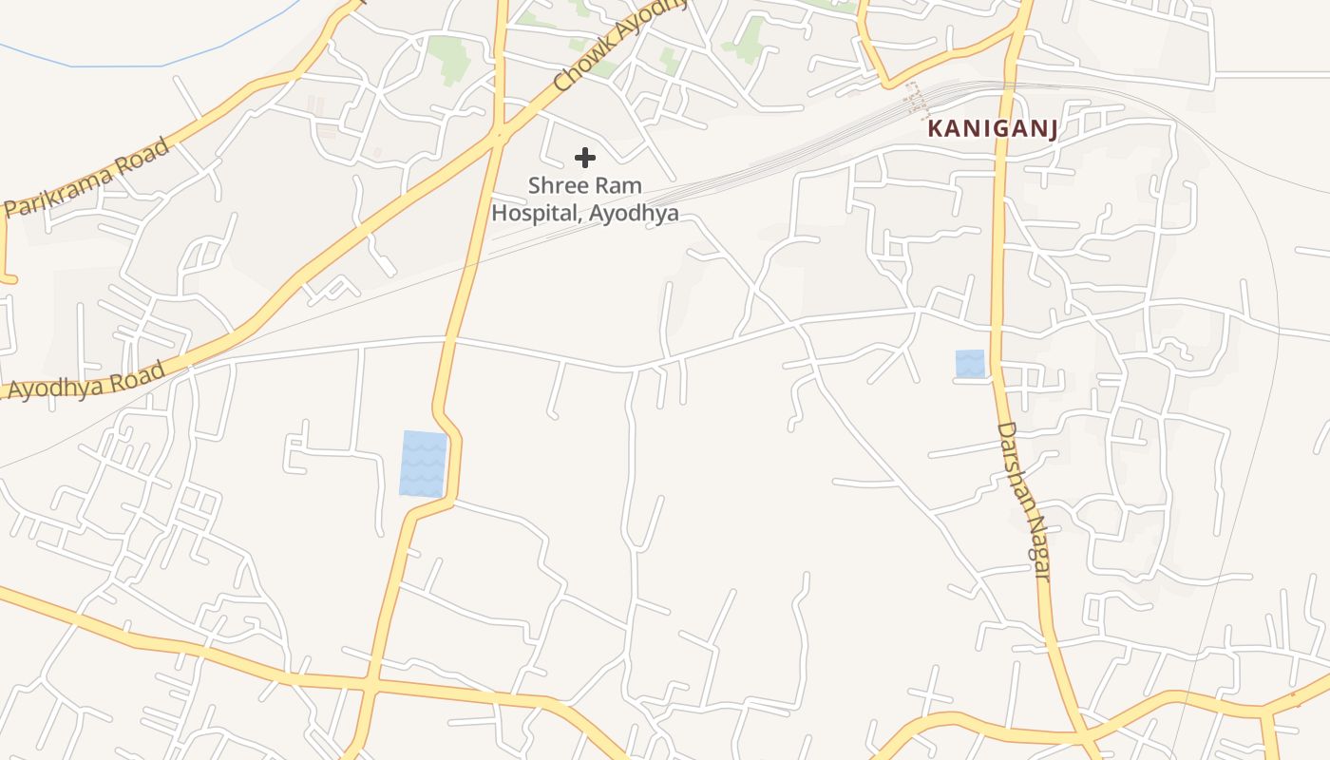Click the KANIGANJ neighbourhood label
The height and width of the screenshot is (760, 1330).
click(993, 128)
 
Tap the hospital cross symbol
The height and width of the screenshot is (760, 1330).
click(585, 158)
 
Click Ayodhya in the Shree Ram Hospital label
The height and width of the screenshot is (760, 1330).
click(634, 213)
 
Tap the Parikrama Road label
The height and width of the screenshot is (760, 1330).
click(87, 178)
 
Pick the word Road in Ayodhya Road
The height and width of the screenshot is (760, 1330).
click(138, 370)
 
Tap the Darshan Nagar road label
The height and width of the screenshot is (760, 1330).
click(1023, 502)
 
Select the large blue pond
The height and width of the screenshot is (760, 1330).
click(423, 464)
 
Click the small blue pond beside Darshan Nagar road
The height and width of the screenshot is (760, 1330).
click(970, 364)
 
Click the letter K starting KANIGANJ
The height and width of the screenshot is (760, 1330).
click(935, 128)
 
